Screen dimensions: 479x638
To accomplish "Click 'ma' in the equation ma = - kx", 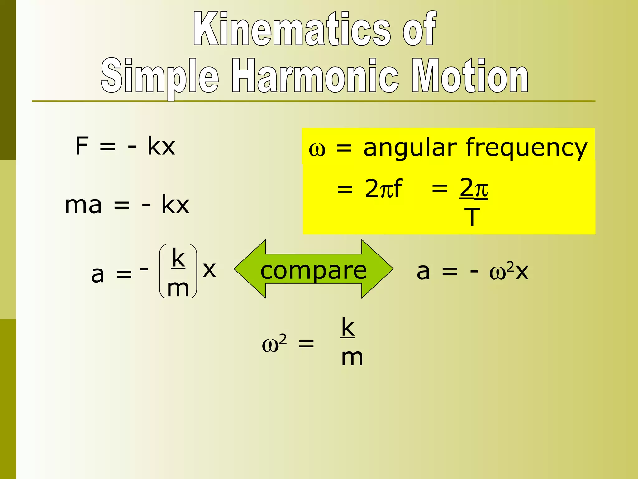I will (x=83, y=206).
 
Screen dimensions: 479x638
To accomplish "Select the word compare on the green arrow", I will (x=313, y=270).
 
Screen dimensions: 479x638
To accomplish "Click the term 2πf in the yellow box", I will (x=383, y=189).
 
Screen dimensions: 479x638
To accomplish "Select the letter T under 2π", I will (x=472, y=217).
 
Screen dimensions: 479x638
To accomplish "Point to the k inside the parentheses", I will (x=179, y=258).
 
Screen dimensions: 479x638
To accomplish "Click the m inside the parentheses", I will (x=178, y=288).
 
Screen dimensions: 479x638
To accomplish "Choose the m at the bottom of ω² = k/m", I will (x=352, y=358).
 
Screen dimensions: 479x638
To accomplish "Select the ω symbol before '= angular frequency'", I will (x=317, y=150).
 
